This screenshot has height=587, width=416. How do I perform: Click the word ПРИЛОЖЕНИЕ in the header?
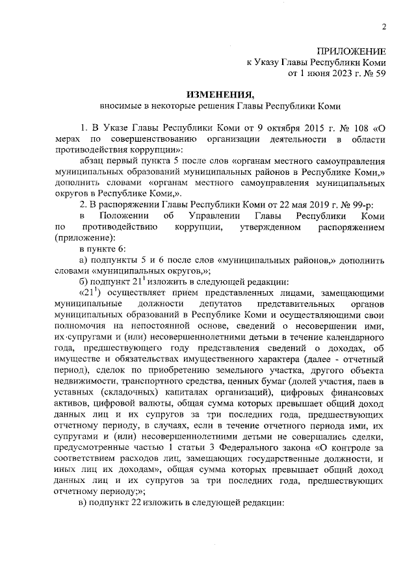pyautogui.click(x=352, y=51)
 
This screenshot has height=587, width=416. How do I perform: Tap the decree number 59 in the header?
pyautogui.click(x=380, y=73)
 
